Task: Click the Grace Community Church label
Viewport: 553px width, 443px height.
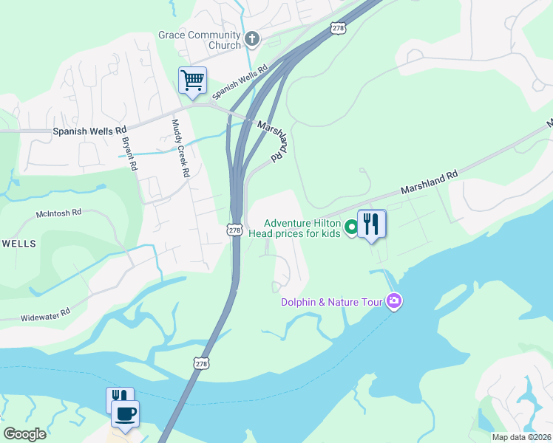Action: click(200, 40)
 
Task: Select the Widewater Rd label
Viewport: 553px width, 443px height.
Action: click(45, 312)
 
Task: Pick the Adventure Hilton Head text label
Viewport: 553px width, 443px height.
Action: click(302, 228)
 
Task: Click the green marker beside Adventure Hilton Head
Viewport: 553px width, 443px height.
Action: click(352, 227)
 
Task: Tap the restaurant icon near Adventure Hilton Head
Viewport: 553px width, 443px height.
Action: click(371, 223)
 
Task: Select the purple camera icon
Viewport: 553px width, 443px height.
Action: click(393, 301)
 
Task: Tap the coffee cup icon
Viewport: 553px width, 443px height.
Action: click(125, 413)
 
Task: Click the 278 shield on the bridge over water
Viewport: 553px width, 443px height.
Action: click(202, 363)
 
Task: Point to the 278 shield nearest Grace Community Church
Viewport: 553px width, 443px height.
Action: click(338, 27)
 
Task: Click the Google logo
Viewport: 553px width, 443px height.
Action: click(24, 434)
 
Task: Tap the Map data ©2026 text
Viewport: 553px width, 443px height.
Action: click(520, 437)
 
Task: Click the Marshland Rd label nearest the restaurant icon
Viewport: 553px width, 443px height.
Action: click(430, 181)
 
